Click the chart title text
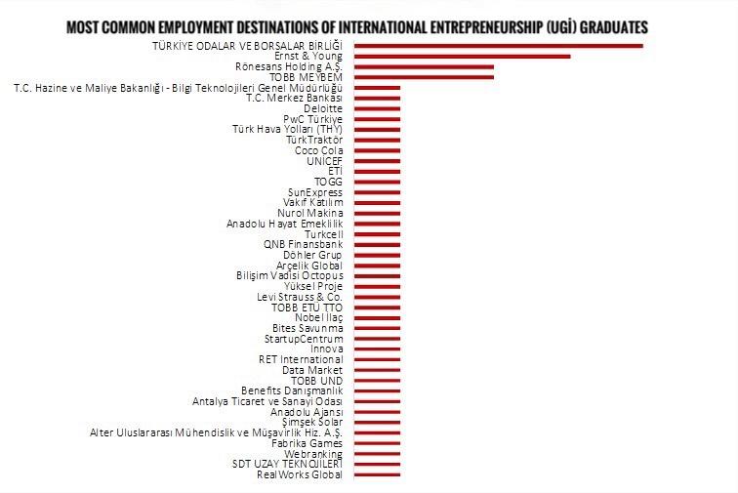click(357, 26)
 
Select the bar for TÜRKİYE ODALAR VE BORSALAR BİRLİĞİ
click(498, 45)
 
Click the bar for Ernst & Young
click(462, 56)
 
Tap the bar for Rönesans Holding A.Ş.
click(424, 66)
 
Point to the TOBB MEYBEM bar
click(424, 77)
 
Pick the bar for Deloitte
click(377, 108)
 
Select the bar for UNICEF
click(377, 161)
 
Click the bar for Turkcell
click(377, 234)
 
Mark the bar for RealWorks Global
click(377, 475)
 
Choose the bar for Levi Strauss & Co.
click(377, 297)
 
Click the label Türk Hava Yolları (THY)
click(287, 130)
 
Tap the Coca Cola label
click(318, 150)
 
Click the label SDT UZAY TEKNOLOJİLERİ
click(287, 465)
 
